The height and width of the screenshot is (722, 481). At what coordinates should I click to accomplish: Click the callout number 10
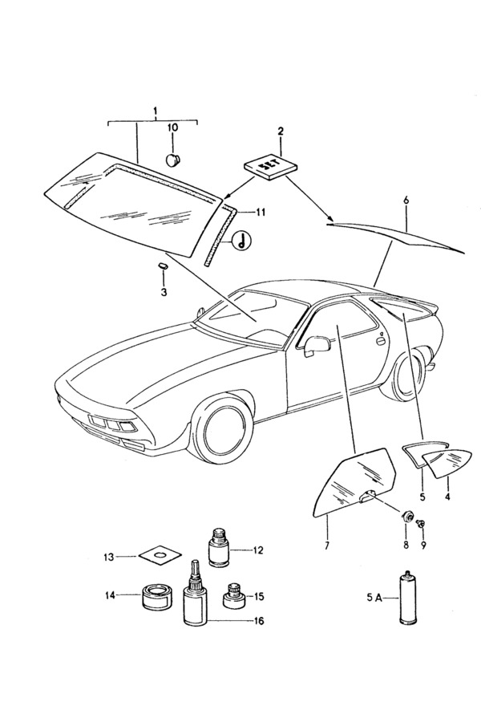[172, 127]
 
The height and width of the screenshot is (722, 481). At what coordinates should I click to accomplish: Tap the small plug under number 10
[173, 159]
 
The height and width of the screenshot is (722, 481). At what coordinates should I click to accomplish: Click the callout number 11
[261, 212]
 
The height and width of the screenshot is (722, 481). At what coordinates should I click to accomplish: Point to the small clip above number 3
[161, 264]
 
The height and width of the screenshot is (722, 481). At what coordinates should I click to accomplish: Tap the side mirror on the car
[316, 345]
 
